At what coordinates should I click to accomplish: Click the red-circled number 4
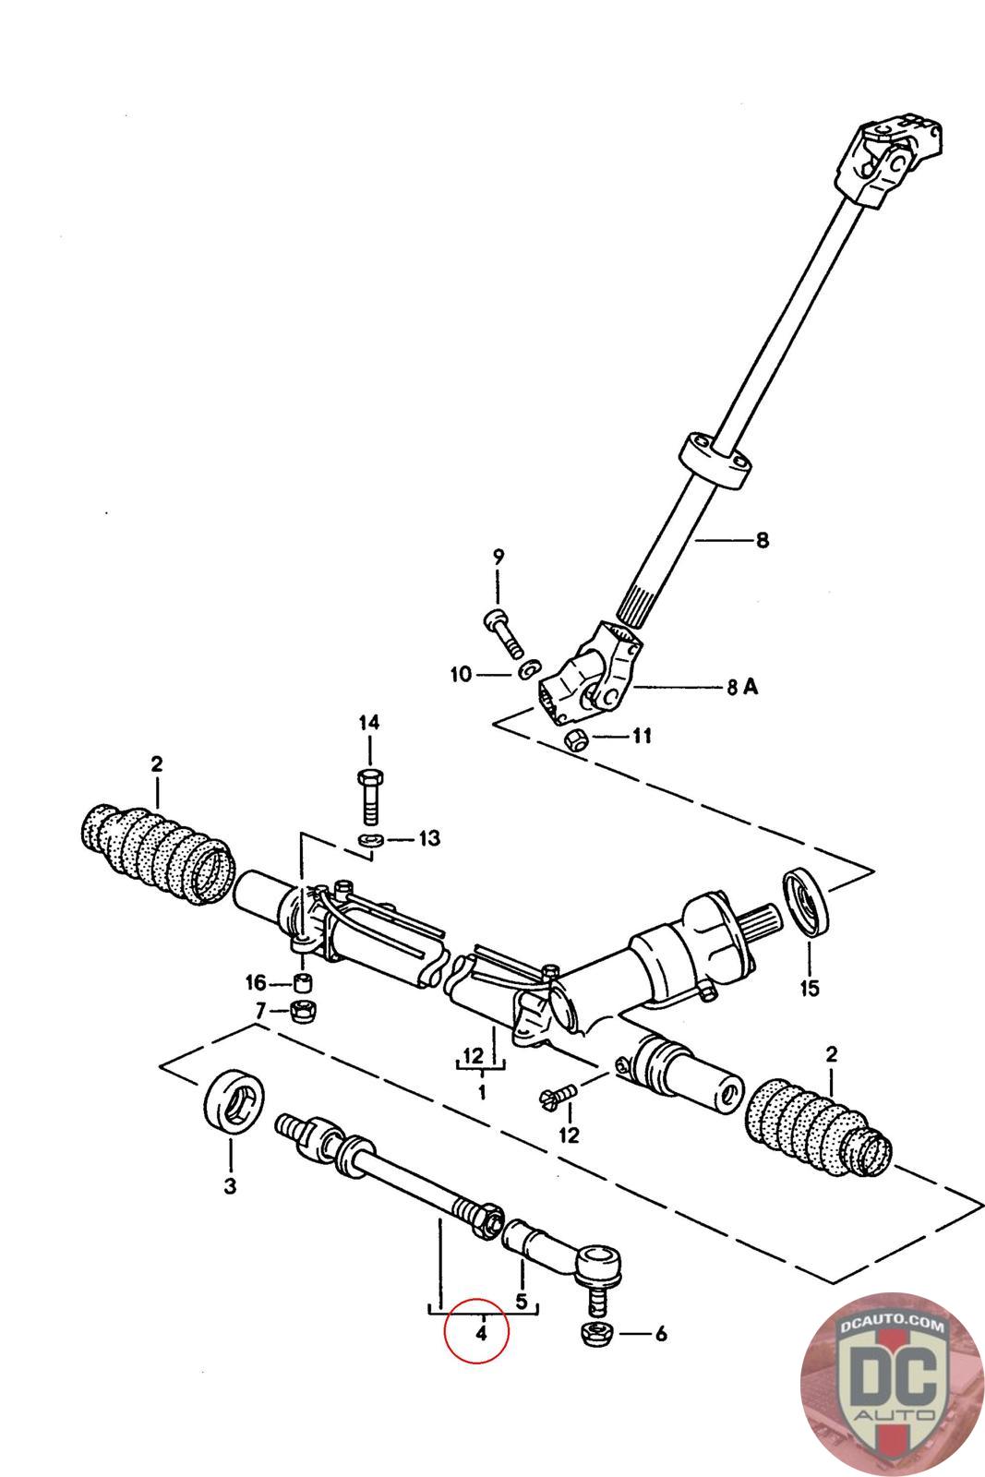click(x=481, y=1333)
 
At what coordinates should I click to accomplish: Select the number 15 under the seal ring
click(x=809, y=989)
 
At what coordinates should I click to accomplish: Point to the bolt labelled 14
click(x=368, y=794)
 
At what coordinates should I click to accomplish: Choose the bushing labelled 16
click(x=303, y=981)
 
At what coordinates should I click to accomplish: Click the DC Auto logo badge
click(x=892, y=1385)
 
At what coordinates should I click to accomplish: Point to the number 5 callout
click(x=522, y=1302)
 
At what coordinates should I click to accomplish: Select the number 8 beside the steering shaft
click(x=762, y=540)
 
